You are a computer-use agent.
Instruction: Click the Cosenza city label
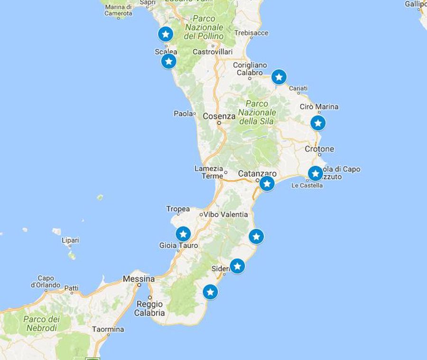(x=219, y=116)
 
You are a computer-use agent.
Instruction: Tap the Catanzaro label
(x=257, y=174)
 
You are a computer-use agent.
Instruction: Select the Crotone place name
(x=319, y=149)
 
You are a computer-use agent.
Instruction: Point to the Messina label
(x=139, y=279)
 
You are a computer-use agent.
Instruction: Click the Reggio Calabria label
(x=149, y=308)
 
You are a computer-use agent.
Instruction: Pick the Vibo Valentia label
(x=225, y=214)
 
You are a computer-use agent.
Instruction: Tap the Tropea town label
(x=178, y=209)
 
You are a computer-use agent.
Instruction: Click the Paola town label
(x=184, y=114)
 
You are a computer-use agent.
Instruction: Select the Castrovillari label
(x=213, y=51)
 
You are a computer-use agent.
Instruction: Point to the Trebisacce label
(x=251, y=33)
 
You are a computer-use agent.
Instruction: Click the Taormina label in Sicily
(x=108, y=329)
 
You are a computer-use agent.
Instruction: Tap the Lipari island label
(x=70, y=240)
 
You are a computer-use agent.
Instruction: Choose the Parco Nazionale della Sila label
(x=257, y=112)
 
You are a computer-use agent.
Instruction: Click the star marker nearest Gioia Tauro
(x=183, y=234)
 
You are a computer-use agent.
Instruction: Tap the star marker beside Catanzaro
(x=267, y=183)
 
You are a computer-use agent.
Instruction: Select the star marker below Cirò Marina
(x=318, y=123)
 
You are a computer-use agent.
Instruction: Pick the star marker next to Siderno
(x=237, y=266)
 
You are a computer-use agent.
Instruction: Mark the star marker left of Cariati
(x=279, y=76)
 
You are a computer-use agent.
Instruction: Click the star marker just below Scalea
(x=168, y=61)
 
